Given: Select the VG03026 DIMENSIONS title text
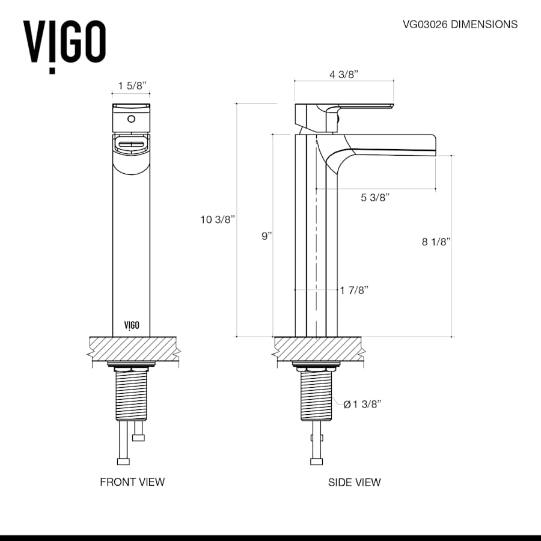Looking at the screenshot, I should [x=460, y=25].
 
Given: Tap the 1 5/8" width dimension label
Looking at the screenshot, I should [x=130, y=86].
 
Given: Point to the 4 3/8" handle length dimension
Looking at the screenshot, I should [x=344, y=75].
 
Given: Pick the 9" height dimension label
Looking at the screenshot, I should [x=267, y=236].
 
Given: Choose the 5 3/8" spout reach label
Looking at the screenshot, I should [x=376, y=197].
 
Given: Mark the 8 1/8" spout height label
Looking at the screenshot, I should [x=436, y=242].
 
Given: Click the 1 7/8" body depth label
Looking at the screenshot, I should [x=354, y=290].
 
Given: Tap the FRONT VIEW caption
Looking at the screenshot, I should [x=132, y=481].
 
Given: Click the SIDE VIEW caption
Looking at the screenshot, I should [x=354, y=481].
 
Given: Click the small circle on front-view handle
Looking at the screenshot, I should [x=131, y=118].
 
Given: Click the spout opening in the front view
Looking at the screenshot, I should [x=131, y=145].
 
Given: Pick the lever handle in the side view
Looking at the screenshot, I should [x=361, y=107].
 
